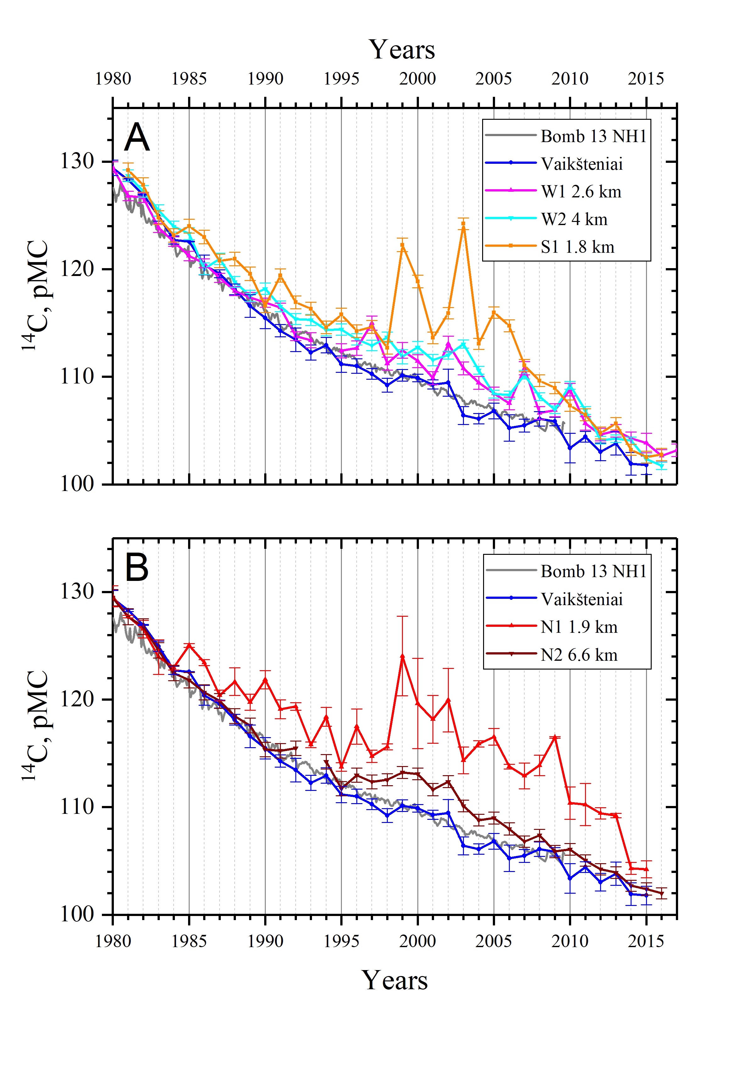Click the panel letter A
click(x=137, y=137)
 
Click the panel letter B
click(x=136, y=567)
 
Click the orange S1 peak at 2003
click(x=463, y=223)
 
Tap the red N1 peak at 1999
click(x=402, y=656)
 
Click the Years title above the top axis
click(x=401, y=50)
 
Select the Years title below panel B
click(x=394, y=980)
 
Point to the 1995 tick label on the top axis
click(x=341, y=78)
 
